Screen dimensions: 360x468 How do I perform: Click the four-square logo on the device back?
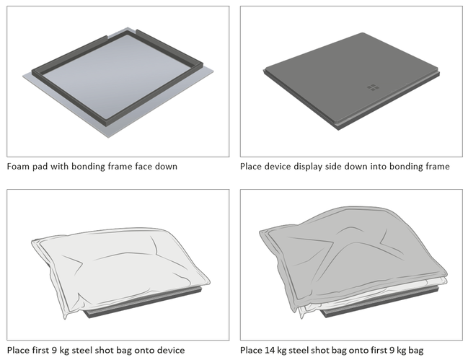(373, 87)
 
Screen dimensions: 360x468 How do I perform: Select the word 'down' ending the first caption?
(164, 167)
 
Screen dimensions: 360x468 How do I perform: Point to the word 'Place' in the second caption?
(254, 167)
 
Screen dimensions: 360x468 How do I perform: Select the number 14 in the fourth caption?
(277, 351)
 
